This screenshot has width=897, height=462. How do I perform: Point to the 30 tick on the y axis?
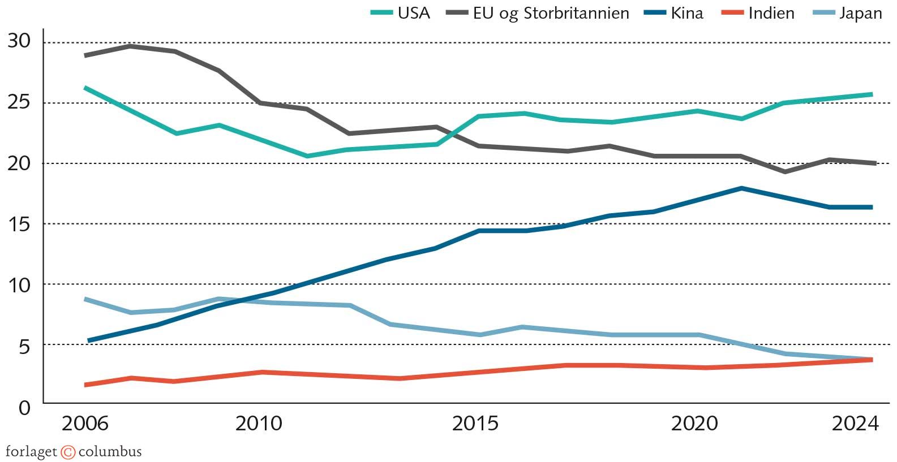click(19, 41)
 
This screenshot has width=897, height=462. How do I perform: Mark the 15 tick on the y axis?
click(19, 224)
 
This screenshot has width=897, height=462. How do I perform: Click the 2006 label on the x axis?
click(84, 424)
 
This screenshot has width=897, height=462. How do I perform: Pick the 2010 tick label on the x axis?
click(259, 424)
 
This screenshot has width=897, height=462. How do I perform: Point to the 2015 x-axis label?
click(475, 424)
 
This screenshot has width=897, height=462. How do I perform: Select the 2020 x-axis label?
click(694, 424)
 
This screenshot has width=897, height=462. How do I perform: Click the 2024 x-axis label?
click(855, 424)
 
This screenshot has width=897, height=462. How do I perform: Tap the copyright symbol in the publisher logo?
click(68, 452)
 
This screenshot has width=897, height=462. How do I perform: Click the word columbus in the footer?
click(110, 452)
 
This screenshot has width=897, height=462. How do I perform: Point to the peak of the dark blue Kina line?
click(741, 188)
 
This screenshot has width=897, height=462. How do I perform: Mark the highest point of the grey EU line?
click(130, 46)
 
